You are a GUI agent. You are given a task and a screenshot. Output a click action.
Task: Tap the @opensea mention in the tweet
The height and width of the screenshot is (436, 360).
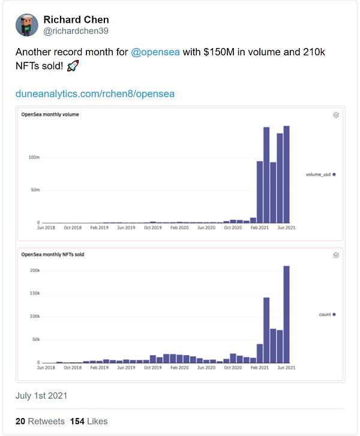[155, 52]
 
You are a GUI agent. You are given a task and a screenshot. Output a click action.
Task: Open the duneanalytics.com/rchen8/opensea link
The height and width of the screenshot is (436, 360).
[95, 94]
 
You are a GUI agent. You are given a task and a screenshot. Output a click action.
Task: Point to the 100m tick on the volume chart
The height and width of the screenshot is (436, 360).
[34, 157]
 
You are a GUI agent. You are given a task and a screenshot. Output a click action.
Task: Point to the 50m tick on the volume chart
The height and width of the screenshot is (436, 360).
[35, 190]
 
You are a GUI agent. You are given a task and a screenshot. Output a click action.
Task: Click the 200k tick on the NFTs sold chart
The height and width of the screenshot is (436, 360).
[34, 270]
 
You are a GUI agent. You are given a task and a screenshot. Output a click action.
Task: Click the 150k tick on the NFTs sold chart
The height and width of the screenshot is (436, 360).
[34, 293]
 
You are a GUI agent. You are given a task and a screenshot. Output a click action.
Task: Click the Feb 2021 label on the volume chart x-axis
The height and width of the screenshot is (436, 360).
[259, 228]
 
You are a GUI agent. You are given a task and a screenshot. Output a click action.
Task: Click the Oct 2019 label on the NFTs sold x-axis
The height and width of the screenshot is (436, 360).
[153, 368]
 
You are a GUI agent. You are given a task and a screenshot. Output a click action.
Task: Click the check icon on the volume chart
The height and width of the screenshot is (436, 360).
[336, 115]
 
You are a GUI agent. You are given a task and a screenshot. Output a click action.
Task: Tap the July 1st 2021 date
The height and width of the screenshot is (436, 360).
[41, 396]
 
